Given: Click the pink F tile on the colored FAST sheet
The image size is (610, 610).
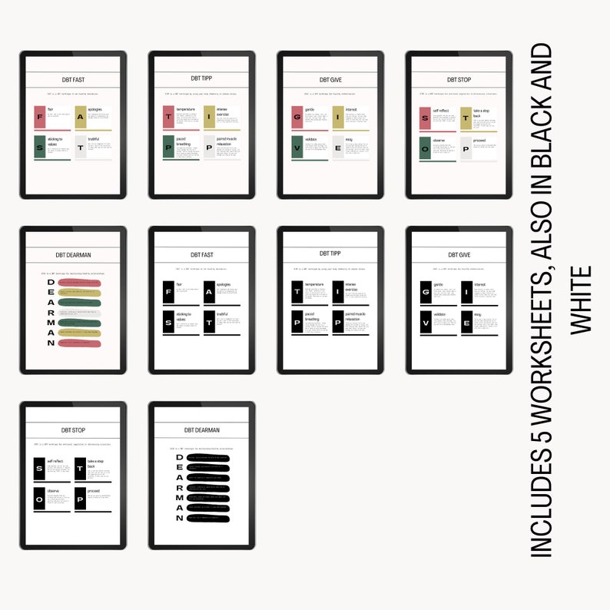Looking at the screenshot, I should click(x=40, y=118).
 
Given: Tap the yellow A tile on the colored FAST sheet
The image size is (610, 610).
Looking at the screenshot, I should click(x=81, y=118).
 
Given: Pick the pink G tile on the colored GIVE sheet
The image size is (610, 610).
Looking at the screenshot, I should click(x=297, y=118).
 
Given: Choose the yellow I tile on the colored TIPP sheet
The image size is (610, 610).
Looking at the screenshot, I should click(x=209, y=118).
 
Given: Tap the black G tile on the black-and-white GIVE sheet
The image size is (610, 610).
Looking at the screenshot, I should click(x=426, y=293).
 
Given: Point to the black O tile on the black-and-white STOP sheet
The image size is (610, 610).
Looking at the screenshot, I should click(x=39, y=499).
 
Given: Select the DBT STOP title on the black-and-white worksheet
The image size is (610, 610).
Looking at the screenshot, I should click(x=72, y=430).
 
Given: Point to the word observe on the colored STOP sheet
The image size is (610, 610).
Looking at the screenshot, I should click(x=439, y=141).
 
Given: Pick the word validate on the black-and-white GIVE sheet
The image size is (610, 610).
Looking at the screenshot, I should click(x=440, y=314).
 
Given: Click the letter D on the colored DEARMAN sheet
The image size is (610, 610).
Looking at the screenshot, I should click(x=51, y=282).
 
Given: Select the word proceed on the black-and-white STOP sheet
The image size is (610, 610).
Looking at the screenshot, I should click(x=94, y=489).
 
